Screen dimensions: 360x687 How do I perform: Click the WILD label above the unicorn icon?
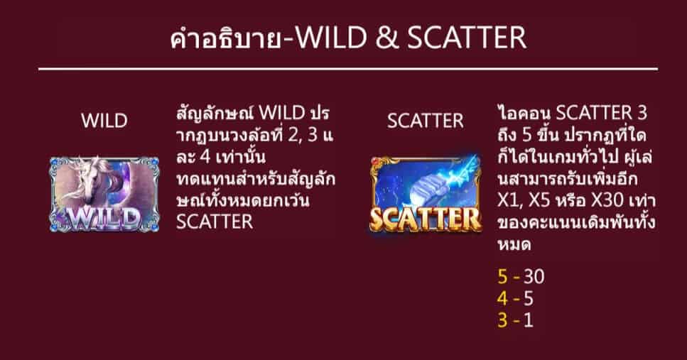[104, 121]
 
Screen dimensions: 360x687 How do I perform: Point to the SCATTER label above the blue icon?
[426, 121]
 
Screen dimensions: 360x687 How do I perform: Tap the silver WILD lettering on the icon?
[104, 214]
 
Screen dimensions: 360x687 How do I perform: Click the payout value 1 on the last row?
[528, 320]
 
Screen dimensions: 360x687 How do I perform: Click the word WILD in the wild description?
[283, 114]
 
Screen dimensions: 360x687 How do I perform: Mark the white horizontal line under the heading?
[347, 69]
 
